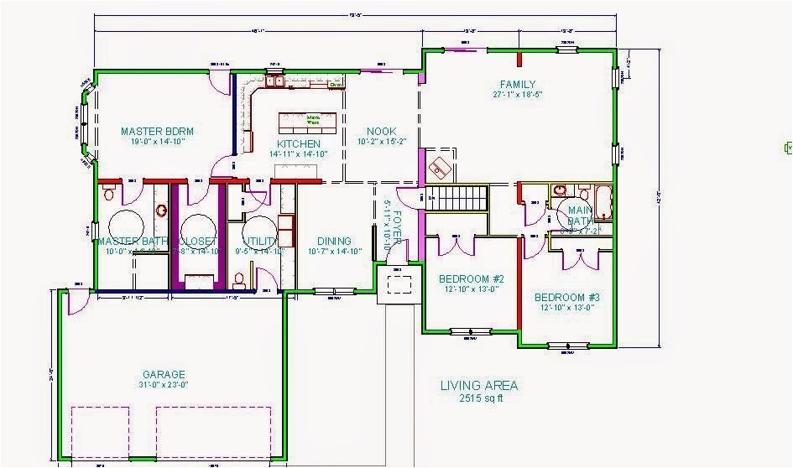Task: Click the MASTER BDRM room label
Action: (x=158, y=131)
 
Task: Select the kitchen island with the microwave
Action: (x=307, y=122)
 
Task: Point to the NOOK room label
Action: (x=382, y=132)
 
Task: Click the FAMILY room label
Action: (x=518, y=85)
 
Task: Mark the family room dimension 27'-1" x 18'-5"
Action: (x=518, y=96)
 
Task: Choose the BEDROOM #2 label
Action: (x=471, y=279)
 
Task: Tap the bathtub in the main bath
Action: (x=603, y=202)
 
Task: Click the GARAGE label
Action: (x=164, y=375)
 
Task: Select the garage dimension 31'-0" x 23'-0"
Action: (x=164, y=386)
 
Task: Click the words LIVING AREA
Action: (x=479, y=386)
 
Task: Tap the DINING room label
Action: (x=334, y=242)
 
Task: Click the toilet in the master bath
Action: (x=108, y=195)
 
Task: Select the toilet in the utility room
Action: (x=239, y=278)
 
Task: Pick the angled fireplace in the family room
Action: (x=440, y=167)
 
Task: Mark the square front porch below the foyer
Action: (x=399, y=283)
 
